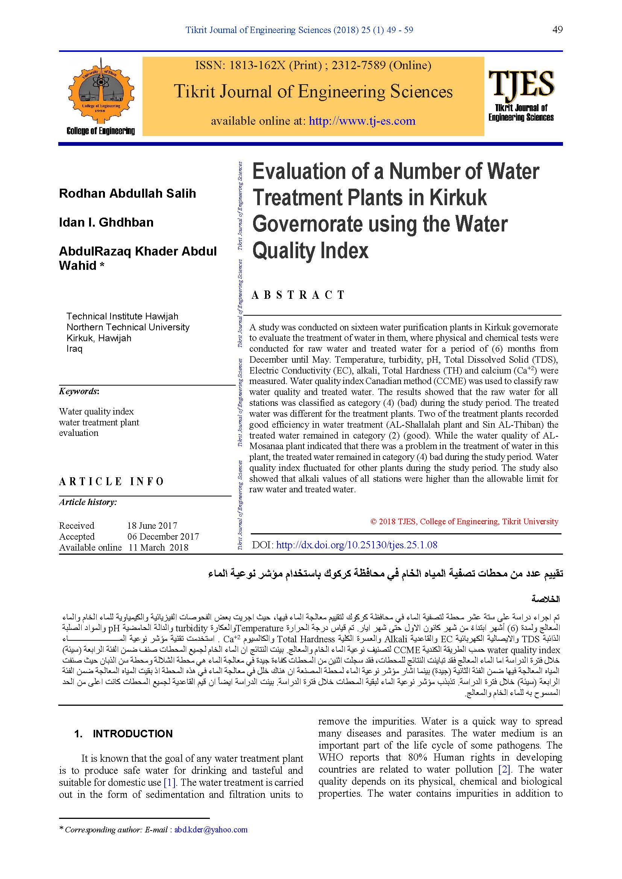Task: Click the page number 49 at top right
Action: coord(557,30)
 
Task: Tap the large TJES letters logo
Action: coord(521,83)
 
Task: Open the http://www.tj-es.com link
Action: coord(362,121)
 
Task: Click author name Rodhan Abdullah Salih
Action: coord(127,193)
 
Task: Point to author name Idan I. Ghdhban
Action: coord(106,222)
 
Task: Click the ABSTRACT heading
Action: coord(298,295)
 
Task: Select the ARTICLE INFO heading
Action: coord(111,482)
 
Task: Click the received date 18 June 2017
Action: coord(152,526)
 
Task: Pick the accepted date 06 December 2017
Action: coord(163,536)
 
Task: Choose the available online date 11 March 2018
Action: coord(158,548)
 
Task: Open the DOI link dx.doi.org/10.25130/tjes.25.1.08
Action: coord(356,545)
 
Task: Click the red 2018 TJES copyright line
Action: coord(464,522)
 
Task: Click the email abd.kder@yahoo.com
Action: coord(211,830)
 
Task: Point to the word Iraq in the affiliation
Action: coord(74,349)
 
